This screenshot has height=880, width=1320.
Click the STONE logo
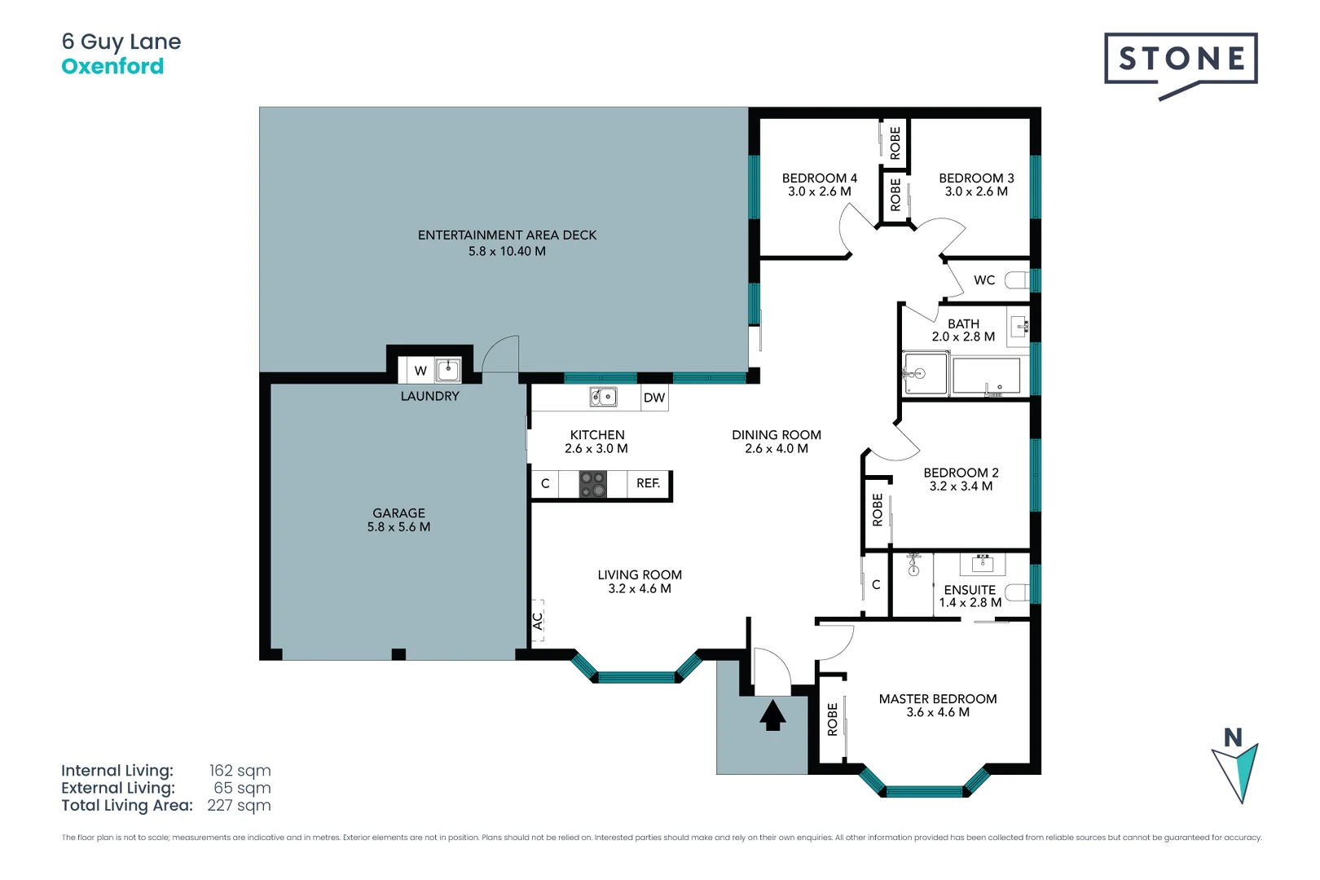click(x=1180, y=59)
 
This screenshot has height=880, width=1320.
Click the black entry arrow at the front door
click(x=772, y=716)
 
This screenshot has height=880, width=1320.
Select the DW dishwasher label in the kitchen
click(x=654, y=398)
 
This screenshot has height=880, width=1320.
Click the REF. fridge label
click(x=648, y=483)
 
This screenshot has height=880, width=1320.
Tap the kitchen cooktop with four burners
click(x=592, y=484)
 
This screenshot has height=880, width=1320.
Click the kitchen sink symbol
click(x=603, y=397)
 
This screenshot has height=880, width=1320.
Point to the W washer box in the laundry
click(x=420, y=371)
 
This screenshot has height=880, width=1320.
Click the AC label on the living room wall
click(x=538, y=621)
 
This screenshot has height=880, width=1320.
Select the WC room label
click(x=984, y=280)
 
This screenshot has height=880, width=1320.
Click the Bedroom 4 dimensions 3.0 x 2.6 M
click(x=819, y=191)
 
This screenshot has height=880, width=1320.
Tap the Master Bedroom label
click(x=937, y=699)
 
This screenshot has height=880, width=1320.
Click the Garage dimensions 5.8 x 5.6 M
click(x=398, y=527)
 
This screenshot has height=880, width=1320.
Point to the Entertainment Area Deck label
click(x=507, y=235)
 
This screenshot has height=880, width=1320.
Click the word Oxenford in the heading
click(x=112, y=66)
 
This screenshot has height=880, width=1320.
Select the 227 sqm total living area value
click(x=239, y=805)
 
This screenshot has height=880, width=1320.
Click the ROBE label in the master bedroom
click(x=832, y=719)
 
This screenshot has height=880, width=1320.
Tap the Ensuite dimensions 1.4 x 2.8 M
click(x=970, y=603)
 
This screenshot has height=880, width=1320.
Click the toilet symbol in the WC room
click(x=1016, y=280)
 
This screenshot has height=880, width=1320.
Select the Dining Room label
click(x=776, y=435)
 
